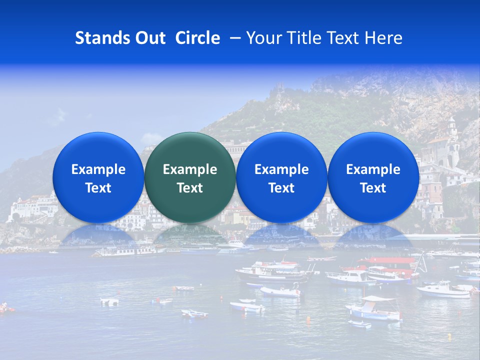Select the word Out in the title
148,38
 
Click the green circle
189,177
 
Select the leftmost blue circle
98,177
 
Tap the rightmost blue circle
373,177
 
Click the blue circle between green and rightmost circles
281,177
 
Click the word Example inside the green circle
190,169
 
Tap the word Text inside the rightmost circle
373,188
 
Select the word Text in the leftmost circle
98,188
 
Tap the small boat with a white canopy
375,307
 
